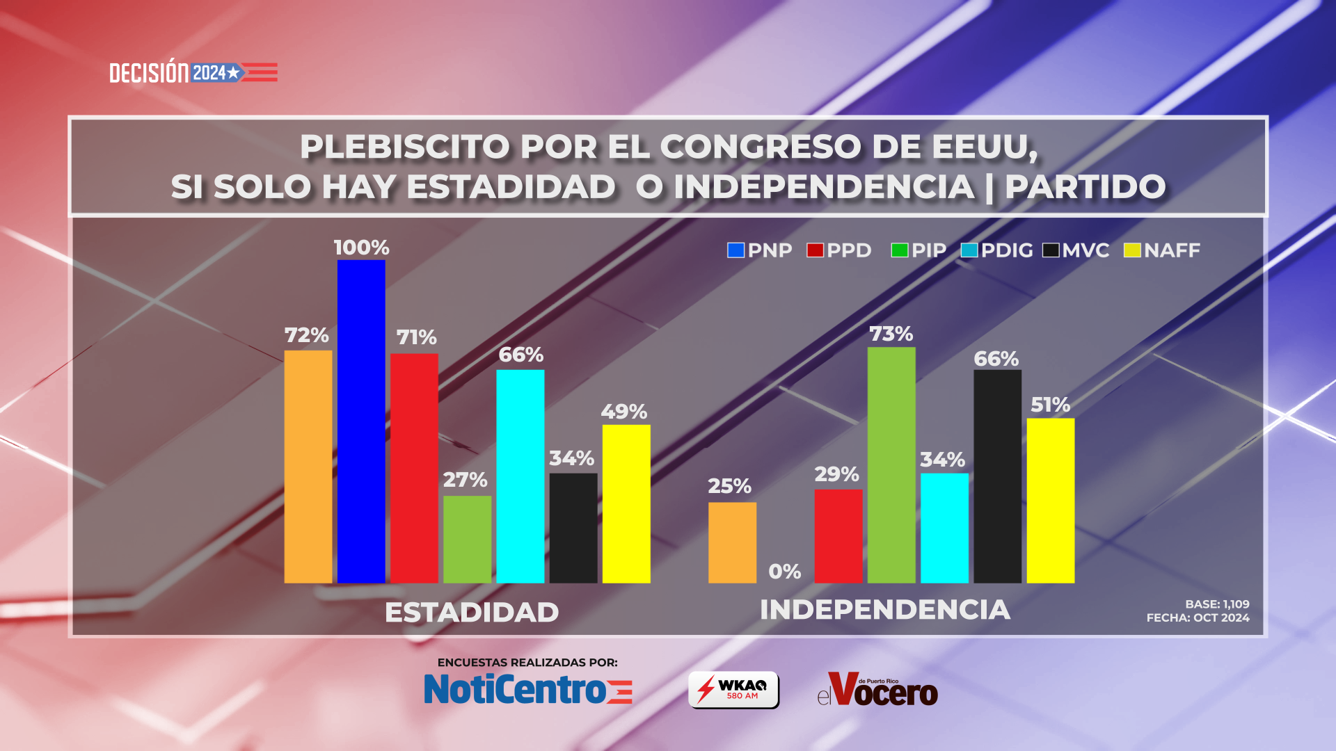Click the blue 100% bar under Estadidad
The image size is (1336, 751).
361,421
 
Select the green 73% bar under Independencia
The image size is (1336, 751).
891,465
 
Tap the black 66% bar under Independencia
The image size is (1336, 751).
997,476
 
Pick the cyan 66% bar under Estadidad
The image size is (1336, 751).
520,476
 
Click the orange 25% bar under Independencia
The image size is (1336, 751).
732,542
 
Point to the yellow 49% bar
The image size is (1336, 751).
626,503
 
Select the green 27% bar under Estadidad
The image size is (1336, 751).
467,539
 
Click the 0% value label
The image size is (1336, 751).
784,572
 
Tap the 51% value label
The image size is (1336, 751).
1050,405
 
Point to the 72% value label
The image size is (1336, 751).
306,335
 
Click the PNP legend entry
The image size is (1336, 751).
759,250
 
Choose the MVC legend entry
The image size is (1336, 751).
1076,250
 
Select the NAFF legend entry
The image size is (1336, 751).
1162,250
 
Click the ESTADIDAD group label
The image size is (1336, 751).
472,613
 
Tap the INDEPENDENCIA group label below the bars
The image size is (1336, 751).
884,610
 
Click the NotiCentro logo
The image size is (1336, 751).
528,689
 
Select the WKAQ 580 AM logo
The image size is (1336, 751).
733,690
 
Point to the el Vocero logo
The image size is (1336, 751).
877,690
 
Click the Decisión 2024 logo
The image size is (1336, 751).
193,72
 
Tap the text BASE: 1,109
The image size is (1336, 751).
1217,604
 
